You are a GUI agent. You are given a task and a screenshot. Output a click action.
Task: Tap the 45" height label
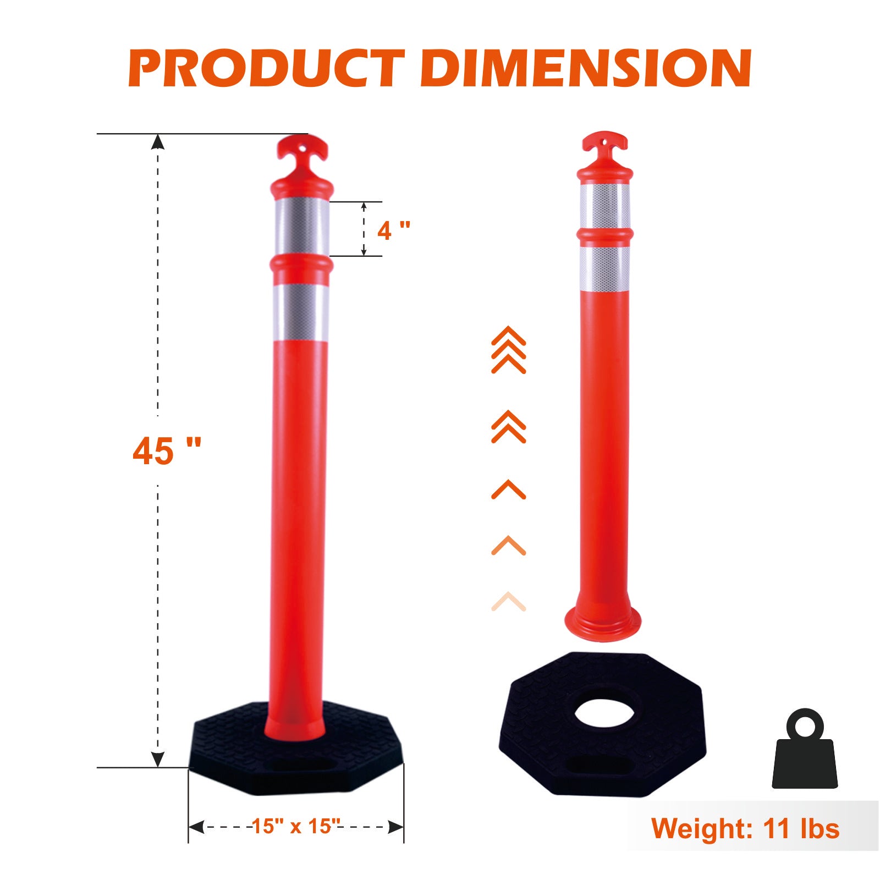166,451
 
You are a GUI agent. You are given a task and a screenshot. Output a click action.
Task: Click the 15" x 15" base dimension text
296,826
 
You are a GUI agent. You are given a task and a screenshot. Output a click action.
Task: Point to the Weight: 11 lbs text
745,828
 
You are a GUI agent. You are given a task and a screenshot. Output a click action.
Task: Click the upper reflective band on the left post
302,227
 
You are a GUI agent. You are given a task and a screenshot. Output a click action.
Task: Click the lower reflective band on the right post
604,268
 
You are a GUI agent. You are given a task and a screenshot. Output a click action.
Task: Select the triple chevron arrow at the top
508,350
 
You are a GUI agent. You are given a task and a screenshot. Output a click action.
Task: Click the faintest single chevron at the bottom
508,601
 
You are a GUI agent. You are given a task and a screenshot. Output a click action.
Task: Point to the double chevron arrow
508,427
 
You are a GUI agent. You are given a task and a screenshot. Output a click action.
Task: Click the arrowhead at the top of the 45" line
158,141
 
